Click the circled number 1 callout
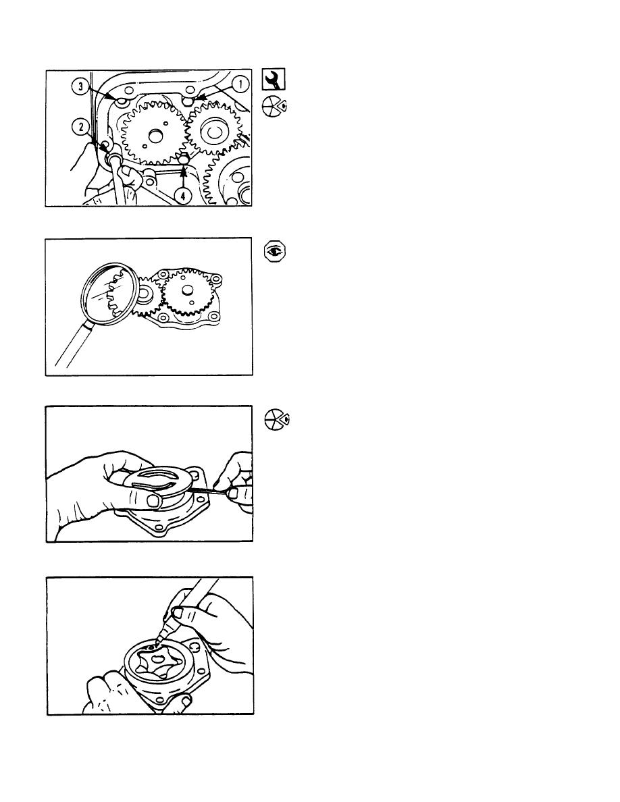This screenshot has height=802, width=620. point(240,84)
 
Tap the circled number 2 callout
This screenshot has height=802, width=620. point(80,126)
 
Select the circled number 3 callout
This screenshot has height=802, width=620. point(80,86)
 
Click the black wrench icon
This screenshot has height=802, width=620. point(274,79)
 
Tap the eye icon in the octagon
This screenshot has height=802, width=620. point(275,252)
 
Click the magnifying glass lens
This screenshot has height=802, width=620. point(109,294)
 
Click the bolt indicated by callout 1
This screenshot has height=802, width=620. point(188,101)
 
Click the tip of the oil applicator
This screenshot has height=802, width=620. point(158,639)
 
